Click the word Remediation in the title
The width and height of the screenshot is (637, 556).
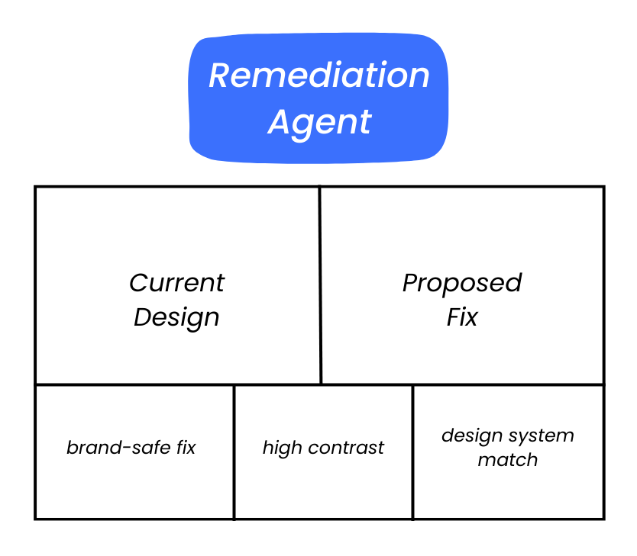coord(318,76)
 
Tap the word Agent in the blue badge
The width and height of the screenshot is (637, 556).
coord(319,122)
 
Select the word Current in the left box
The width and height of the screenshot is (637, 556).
coord(176,283)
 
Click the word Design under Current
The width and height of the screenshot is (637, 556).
coord(176,317)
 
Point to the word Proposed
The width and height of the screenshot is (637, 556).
coord(461,283)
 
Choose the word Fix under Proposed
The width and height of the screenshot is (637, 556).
coord(461,317)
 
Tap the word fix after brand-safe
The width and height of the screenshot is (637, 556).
coord(186,448)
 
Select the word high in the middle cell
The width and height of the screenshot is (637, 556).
coord(282,448)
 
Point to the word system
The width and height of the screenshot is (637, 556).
coord(541,436)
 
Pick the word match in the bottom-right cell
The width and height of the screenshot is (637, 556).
coord(507,460)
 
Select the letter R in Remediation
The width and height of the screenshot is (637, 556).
coord(220,76)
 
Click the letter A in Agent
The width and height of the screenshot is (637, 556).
coord(280,122)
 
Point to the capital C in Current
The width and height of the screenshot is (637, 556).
coord(138,283)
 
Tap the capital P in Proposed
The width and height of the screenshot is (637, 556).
coord(411,283)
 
